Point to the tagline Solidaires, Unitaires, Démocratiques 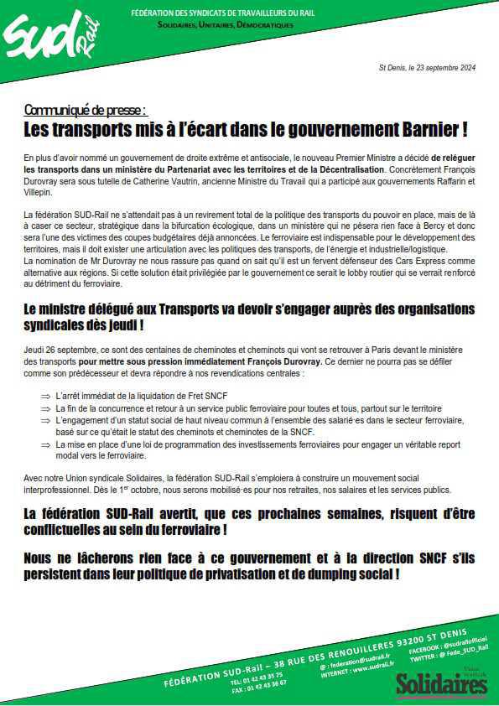(226, 25)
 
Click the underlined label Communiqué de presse (86, 110)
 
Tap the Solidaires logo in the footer (441, 683)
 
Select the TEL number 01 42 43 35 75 (257, 673)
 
